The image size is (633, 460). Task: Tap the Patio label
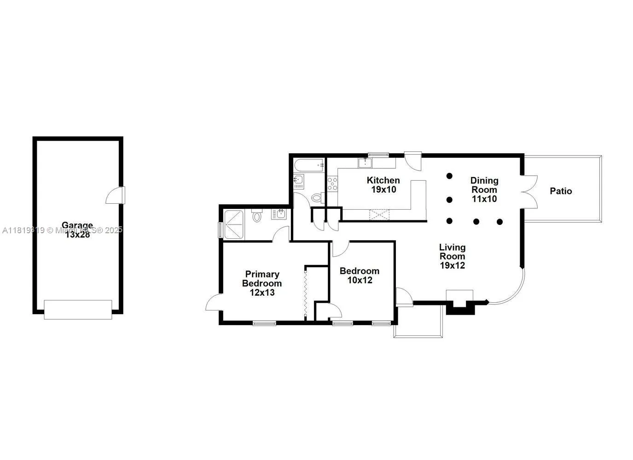561,191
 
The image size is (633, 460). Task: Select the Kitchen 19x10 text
383,184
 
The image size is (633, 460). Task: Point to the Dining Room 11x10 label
484,190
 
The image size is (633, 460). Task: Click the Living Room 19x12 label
452,256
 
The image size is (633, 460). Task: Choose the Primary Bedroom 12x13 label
261,283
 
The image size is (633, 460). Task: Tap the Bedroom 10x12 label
359,276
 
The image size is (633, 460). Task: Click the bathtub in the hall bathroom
309,166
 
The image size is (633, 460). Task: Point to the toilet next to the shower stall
257,216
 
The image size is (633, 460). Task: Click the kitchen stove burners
332,184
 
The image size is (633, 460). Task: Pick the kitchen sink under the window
365,162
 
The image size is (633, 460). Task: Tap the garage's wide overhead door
78,310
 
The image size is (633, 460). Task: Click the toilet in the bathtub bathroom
317,198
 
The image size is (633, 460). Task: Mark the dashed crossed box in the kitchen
379,215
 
